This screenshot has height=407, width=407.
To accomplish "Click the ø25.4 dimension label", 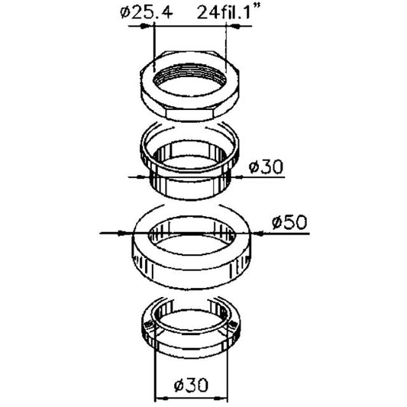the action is tap(147, 13).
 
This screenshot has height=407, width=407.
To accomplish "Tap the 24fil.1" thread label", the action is tap(228, 11).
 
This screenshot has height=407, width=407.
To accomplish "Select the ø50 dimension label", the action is tap(289, 223).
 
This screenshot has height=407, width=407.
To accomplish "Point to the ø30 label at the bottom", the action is tap(192, 385).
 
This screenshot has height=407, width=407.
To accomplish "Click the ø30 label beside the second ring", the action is tap(266, 166).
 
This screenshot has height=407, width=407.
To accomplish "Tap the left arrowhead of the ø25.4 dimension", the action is tap(145, 26).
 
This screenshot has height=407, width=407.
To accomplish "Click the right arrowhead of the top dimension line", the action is tap(234, 26).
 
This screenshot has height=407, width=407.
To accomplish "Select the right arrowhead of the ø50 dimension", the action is tap(257, 234).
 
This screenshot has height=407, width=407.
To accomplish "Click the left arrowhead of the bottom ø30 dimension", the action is tap(161, 399).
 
